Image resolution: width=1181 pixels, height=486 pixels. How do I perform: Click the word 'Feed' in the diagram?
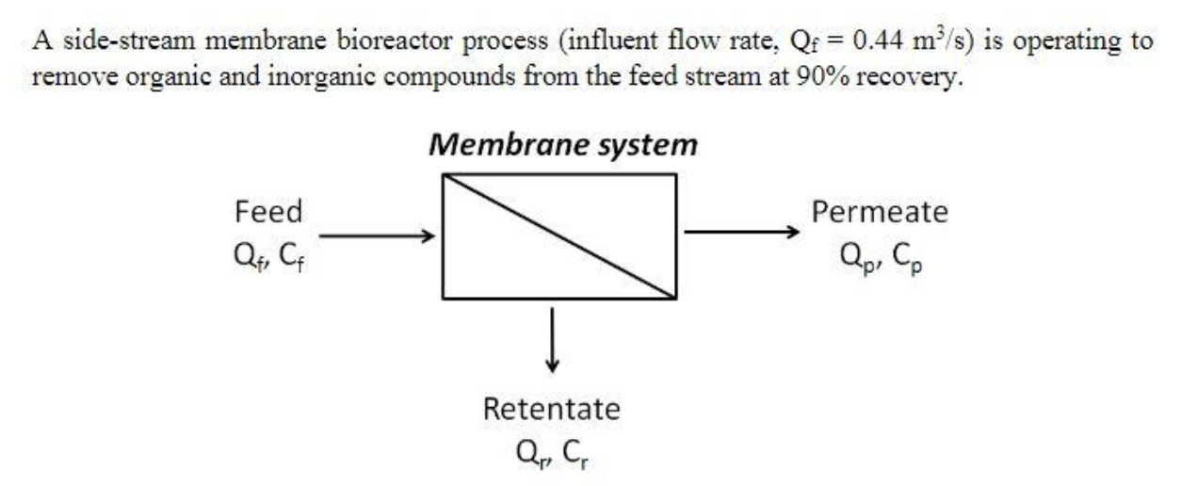pyautogui.click(x=268, y=211)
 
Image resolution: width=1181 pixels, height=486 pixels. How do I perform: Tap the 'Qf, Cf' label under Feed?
pyautogui.click(x=268, y=251)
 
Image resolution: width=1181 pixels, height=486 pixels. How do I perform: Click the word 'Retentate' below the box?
pyautogui.click(x=552, y=410)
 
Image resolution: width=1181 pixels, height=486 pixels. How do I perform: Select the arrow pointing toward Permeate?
pyautogui.click(x=741, y=230)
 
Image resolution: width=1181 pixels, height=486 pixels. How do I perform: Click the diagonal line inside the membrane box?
pyautogui.click(x=558, y=235)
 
